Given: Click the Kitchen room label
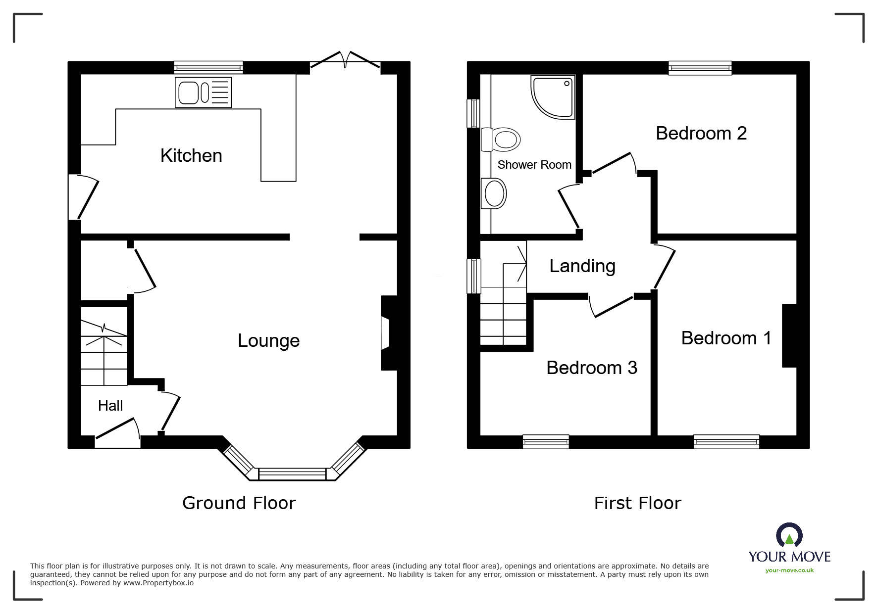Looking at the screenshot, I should [191, 156].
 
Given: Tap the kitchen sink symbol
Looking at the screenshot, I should [203, 93].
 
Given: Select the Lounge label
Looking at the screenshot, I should [268, 341].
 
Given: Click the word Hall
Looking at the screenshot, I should [110, 406].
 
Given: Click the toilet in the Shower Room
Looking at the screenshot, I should [501, 139].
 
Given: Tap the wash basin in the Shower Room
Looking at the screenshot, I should [494, 193].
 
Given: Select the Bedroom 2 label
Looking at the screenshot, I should [701, 134].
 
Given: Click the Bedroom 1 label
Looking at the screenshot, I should [726, 338].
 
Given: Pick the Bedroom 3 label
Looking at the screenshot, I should [591, 368].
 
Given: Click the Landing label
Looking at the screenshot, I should [582, 266].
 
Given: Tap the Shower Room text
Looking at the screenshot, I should [534, 165].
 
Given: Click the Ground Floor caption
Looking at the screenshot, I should [239, 503].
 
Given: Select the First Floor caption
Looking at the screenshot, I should [637, 504].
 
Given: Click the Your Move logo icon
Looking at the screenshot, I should [789, 535].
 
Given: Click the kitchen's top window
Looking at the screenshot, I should [208, 67].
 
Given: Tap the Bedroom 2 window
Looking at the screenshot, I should [699, 68].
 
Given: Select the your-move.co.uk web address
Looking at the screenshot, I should [789, 570].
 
